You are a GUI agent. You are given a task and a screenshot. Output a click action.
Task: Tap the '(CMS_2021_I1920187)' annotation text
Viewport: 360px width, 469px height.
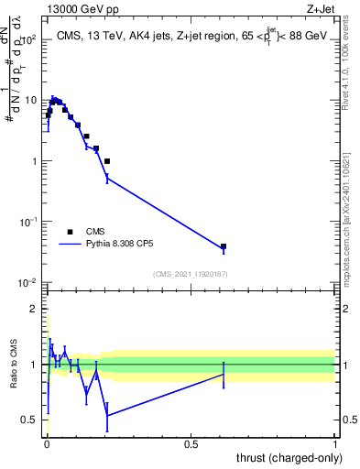(191, 274)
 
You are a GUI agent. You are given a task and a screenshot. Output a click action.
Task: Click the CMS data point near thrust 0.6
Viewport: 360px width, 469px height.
(224, 246)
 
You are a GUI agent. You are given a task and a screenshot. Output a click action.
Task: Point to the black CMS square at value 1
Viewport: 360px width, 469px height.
(107, 161)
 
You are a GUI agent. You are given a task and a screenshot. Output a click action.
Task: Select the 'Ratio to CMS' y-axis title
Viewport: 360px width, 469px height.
(14, 365)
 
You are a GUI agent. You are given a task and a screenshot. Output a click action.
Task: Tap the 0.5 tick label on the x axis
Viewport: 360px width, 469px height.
(191, 442)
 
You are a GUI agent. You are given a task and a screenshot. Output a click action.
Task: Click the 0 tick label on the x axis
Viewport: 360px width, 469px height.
(46, 442)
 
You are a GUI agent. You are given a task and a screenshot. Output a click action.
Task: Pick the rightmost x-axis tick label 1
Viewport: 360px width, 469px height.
(335, 442)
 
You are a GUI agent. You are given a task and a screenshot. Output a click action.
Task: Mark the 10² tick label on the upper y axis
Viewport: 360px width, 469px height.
(28, 39)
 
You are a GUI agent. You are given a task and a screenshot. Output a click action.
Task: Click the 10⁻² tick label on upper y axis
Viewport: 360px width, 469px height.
(28, 282)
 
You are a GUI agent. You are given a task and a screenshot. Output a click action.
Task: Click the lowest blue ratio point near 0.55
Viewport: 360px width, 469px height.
(107, 415)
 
